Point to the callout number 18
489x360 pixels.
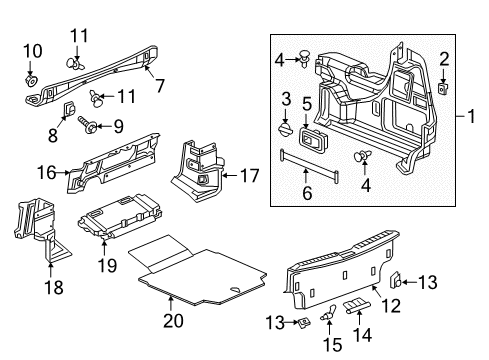click(x=53, y=288)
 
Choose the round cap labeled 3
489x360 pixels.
click(x=286, y=129)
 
